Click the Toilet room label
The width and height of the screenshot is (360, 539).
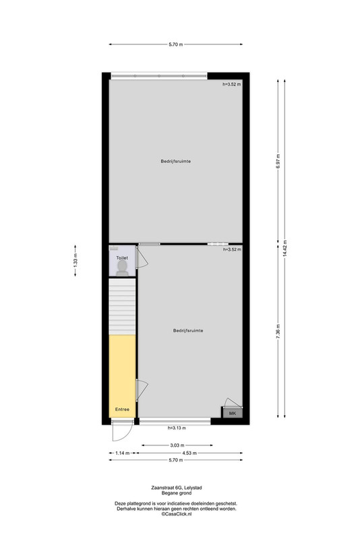[x=122, y=258]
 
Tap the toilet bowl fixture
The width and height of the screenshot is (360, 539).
[x=122, y=268]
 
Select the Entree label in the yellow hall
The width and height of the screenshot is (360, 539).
[x=122, y=410]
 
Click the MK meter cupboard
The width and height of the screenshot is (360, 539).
[x=233, y=413]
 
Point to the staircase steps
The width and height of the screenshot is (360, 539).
[x=122, y=307]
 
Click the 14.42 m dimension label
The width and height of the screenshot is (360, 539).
[x=284, y=249]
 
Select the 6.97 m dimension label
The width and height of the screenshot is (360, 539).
[x=278, y=161]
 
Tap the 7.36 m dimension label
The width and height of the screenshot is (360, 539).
[x=278, y=331]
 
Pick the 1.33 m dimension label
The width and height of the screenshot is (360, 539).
[x=76, y=261]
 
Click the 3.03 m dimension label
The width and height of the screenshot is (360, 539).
[x=177, y=445]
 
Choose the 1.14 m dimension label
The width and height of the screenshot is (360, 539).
[x=123, y=453]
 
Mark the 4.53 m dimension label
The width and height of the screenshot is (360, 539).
[x=189, y=453]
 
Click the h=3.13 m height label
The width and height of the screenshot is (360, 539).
[x=177, y=428]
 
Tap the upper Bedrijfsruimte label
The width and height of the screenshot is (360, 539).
[x=176, y=161]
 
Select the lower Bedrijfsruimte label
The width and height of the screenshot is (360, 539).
[x=188, y=331]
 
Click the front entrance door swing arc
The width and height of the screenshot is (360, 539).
[x=128, y=435]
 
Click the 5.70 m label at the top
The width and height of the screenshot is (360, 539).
[x=176, y=44]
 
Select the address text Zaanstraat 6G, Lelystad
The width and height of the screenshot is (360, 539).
[x=177, y=487]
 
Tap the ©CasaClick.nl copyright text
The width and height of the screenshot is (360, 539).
[x=177, y=513]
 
